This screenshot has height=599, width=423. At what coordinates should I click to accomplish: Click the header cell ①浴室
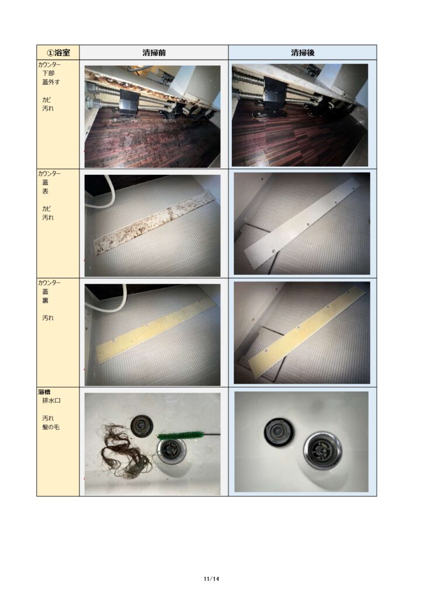58,52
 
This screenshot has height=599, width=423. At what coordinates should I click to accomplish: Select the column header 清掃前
154,52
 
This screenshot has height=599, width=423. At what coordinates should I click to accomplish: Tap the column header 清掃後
303,52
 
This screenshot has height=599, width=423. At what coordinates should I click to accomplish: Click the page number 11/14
211,579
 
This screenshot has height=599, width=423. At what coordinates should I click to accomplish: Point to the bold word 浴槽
44,392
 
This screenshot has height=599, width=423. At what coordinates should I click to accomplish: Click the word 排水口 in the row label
51,401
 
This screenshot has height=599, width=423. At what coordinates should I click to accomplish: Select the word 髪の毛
51,427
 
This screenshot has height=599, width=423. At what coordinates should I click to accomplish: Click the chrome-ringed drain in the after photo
323,451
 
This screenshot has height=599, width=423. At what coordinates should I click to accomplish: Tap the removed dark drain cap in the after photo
279,432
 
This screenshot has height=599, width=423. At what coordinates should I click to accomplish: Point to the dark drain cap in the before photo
141,426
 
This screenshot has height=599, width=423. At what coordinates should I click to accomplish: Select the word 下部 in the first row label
48,73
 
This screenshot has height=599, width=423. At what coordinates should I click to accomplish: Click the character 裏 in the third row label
46,301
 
